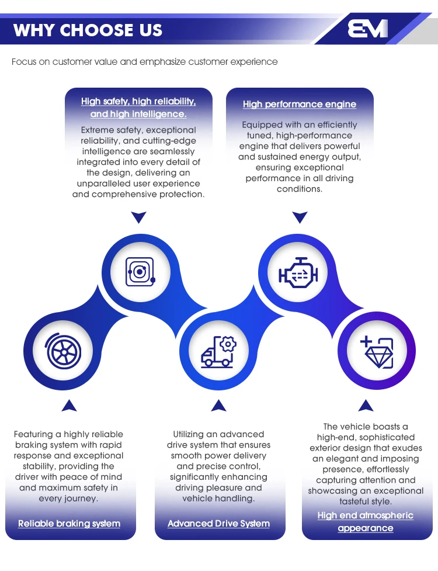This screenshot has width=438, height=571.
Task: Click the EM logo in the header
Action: [367, 29]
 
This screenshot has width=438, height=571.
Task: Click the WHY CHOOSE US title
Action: [88, 30]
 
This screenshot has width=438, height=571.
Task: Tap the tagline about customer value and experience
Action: [144, 62]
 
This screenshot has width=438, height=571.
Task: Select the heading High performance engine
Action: [300, 104]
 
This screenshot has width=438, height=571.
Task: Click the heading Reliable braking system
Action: [69, 524]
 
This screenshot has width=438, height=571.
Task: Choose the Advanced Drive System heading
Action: [218, 524]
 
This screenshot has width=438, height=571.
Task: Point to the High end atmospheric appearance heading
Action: [365, 522]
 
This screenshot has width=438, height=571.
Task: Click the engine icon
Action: [298, 273]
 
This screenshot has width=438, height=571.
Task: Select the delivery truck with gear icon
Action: [218, 351]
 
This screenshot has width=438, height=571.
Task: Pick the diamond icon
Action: [377, 352]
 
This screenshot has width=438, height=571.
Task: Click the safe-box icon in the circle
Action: [140, 272]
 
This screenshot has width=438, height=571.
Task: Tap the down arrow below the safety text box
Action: [139, 217]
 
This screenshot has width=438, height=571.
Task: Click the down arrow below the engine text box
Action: [300, 217]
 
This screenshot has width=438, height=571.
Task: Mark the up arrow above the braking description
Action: [69, 406]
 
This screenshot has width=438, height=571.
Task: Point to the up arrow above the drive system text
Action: [218, 405]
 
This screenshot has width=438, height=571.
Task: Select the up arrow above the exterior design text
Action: [366, 405]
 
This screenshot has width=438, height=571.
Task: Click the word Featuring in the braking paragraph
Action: [34, 434]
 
